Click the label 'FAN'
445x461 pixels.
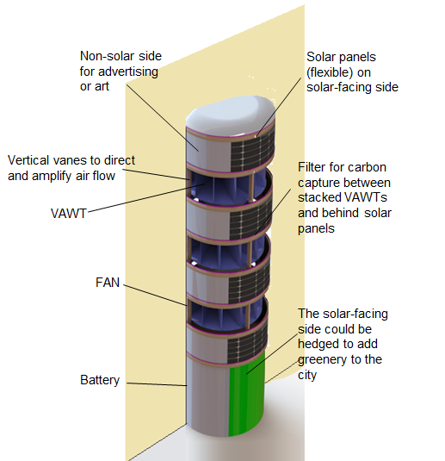point(108,283)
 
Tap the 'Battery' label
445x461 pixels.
point(100,380)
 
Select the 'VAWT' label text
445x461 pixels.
point(69,214)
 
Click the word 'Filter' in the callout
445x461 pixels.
point(312,167)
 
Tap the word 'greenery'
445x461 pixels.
point(320,360)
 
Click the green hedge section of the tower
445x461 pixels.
point(246,394)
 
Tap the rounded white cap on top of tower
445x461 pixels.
point(231,115)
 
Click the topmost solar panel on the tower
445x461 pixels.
point(252,153)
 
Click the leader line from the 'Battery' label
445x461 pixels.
point(157,384)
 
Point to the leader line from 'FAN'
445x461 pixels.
point(155,295)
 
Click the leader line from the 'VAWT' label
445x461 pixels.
point(146,197)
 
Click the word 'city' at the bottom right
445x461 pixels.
point(307,376)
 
